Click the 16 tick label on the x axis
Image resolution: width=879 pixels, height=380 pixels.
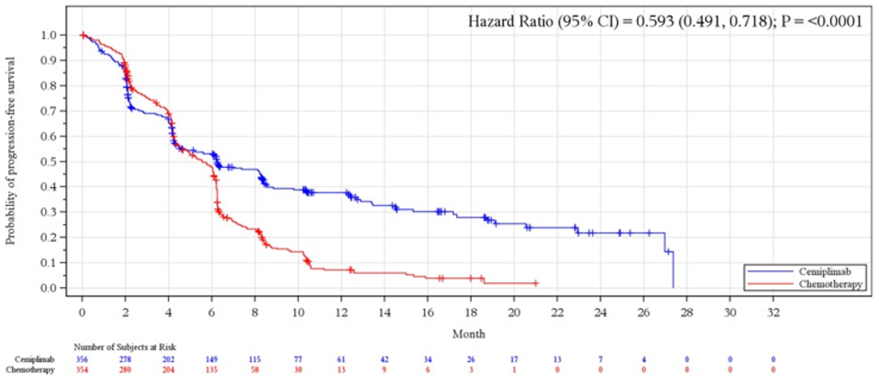click(427, 314)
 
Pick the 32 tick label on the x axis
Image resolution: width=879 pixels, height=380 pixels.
click(773, 314)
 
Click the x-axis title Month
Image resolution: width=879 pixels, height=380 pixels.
click(468, 334)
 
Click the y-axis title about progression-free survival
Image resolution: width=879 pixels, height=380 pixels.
click(10, 149)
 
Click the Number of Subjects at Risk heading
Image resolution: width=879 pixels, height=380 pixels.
click(125, 347)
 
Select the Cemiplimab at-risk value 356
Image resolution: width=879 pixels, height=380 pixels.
click(82, 359)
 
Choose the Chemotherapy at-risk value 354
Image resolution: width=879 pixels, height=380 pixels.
click(82, 370)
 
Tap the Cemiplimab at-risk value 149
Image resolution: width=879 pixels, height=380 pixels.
click(211, 359)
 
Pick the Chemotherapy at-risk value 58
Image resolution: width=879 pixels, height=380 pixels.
click(255, 370)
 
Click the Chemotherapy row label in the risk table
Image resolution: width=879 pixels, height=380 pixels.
click(34, 370)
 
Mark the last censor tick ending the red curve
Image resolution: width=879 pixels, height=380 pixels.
click(535, 283)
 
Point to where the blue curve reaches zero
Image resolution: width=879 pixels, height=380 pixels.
click(673, 287)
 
